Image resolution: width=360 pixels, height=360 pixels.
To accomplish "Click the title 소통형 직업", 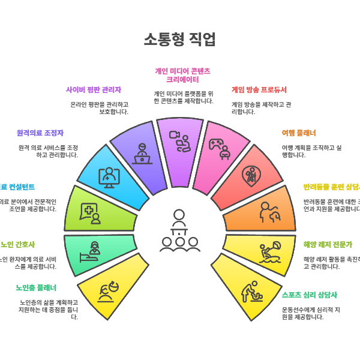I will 179,40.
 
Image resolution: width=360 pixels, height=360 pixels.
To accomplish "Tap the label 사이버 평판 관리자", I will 94,90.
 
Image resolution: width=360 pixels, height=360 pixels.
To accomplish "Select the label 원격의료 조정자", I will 40,133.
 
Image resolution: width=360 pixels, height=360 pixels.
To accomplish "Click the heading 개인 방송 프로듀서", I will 259,90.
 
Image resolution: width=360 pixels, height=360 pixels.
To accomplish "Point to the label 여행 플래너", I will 299,133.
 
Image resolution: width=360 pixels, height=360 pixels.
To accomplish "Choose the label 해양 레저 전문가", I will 328,244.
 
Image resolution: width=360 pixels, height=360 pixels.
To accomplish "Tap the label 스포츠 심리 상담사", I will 310,295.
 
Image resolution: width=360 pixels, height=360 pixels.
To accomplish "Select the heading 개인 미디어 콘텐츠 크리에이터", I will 183,75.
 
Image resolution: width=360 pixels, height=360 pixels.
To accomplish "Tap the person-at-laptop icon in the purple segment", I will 142,154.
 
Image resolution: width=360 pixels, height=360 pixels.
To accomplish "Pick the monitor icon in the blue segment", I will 109,177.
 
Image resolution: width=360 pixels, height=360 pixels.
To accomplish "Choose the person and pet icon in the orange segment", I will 269,213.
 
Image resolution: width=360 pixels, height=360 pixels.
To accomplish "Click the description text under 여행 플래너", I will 311,151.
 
